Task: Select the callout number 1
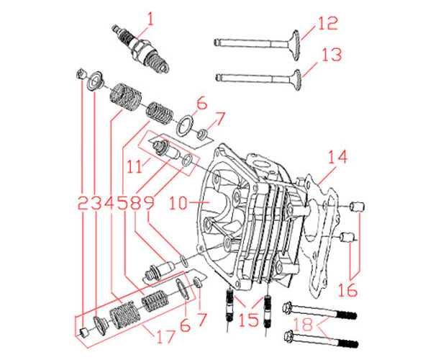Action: [x=151, y=15]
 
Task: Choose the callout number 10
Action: [x=179, y=204]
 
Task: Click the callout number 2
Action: [x=81, y=204]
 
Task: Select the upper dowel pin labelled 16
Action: [x=353, y=208]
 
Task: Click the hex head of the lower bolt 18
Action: [x=292, y=336]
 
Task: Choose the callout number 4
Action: [x=109, y=204]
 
